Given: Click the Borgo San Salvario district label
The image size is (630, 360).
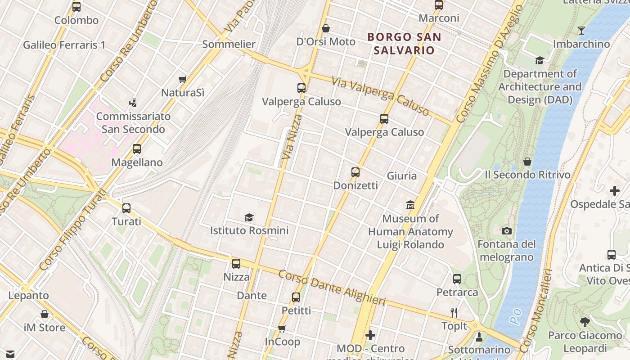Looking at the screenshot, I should tap(404, 44).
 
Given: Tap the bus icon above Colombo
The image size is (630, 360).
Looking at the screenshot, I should tap(76, 7).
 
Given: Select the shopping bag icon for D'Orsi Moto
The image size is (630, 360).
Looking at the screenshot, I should tap(326, 29).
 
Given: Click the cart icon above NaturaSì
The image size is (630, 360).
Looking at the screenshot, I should tap(182, 80).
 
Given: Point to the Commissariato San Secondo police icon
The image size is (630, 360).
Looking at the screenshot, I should tap(133, 103).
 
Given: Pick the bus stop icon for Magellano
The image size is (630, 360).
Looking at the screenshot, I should tap(137, 149).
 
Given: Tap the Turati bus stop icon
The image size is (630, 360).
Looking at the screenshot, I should tap(126, 208).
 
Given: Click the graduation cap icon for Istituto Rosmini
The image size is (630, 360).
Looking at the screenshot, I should tap(249, 218).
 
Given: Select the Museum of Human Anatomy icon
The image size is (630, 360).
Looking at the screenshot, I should tap(410, 205).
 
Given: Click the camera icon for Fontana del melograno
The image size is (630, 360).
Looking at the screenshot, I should tap(507, 231).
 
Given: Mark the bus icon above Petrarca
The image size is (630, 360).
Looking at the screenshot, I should tap(457, 279).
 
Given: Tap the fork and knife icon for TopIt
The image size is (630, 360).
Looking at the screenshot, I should tap(454, 312).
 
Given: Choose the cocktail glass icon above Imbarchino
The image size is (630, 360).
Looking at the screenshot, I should tap(581, 31).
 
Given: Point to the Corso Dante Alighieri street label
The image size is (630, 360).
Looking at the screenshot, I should tap(332, 288).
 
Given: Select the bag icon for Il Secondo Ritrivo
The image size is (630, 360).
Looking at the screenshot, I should tap(527, 162).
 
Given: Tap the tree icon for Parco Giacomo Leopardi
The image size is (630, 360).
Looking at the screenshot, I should tap(585, 322).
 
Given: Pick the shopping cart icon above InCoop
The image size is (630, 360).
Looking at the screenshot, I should tap(282, 328).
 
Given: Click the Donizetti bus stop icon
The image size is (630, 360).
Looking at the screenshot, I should tap(355, 172).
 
